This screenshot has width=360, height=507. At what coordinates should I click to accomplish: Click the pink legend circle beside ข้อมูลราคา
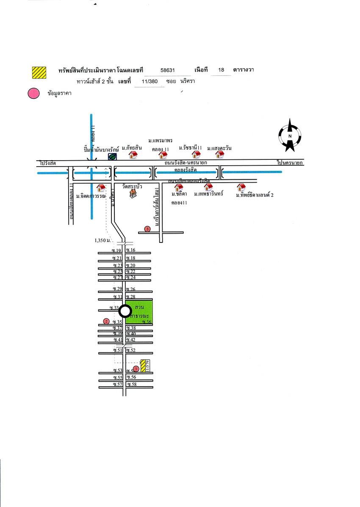(33, 94)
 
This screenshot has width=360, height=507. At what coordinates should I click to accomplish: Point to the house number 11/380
(149, 82)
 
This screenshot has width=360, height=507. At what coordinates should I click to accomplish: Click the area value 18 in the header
(221, 70)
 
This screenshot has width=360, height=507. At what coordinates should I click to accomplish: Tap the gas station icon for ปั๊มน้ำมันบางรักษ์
(112, 157)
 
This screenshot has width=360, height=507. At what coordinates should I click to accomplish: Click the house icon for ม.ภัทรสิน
(133, 155)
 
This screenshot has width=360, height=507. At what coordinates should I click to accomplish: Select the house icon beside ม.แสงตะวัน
(220, 154)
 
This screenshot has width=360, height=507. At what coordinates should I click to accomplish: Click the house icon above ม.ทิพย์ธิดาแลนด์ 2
(241, 187)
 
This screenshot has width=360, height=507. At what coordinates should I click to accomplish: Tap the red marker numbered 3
(147, 229)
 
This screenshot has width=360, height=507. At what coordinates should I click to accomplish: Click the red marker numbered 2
(106, 321)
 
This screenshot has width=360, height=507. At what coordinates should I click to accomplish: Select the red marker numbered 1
(136, 368)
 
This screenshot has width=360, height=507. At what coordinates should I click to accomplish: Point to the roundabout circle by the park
(125, 312)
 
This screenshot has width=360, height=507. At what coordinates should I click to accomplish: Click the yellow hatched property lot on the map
(144, 366)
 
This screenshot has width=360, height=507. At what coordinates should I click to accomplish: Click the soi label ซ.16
(130, 251)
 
